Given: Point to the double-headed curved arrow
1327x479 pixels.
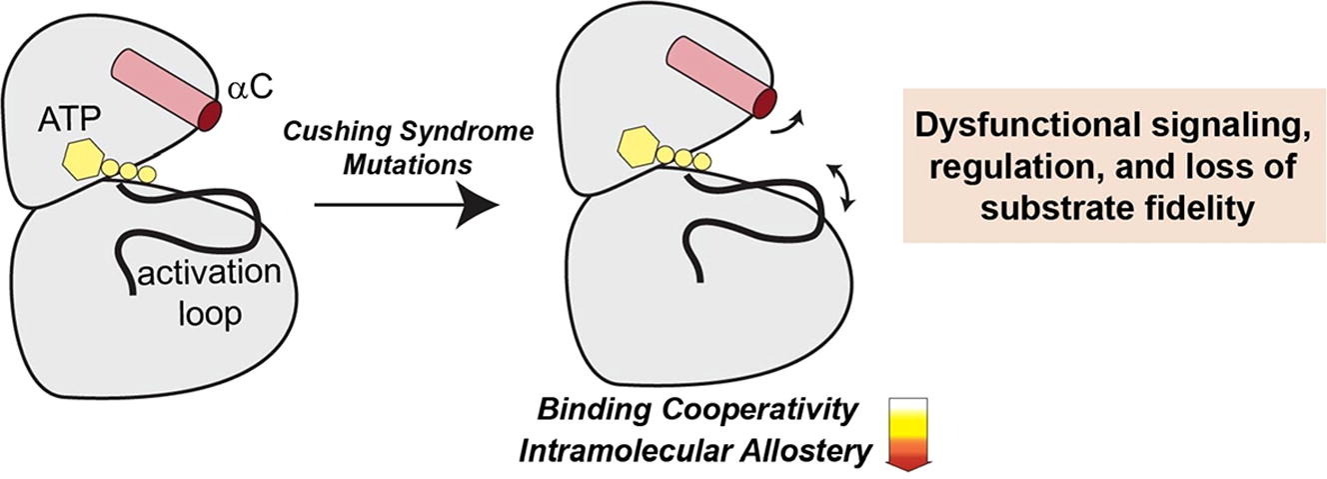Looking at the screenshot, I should pyautogui.click(x=846, y=188).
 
